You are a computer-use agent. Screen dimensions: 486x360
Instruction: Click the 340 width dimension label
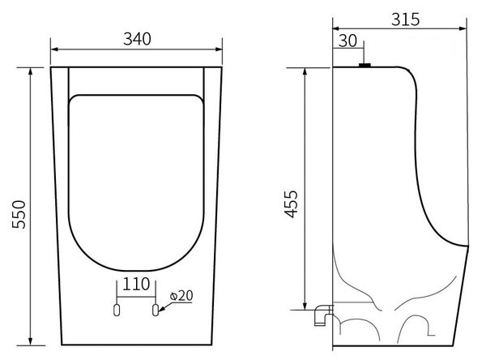pos(137,39)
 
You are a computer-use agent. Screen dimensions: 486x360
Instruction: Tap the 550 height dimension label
pos(19,214)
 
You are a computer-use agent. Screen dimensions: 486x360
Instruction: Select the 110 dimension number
pos(136,284)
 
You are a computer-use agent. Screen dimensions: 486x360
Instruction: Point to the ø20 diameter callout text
pos(181,296)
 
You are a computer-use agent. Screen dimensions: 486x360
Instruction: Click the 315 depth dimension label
pos(405,19)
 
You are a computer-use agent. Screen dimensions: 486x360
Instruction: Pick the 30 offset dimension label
pos(347,41)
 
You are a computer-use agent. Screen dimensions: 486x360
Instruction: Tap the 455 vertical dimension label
pos(292,204)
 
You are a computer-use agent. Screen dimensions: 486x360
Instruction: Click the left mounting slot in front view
pos(117,310)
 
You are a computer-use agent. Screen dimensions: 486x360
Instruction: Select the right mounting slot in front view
pos(156,310)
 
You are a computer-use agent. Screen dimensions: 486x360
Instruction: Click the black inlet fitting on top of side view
pos(364,65)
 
